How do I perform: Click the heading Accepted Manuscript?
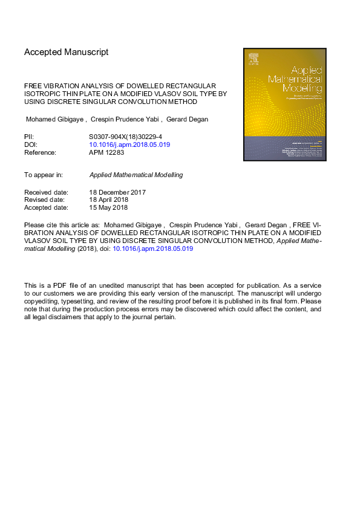tap(67, 52)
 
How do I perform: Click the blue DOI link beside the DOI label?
tap(129, 145)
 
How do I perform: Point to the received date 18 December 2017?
tap(117, 192)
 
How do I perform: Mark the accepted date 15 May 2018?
tap(108, 208)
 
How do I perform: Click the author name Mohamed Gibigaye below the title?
tap(56, 119)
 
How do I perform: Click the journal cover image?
tap(285, 105)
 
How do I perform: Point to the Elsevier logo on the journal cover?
tap(254, 59)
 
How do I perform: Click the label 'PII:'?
tap(29, 138)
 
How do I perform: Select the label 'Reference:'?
tap(40, 153)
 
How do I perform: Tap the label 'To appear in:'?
tap(44, 175)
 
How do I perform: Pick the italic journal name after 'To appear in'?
tap(136, 175)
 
